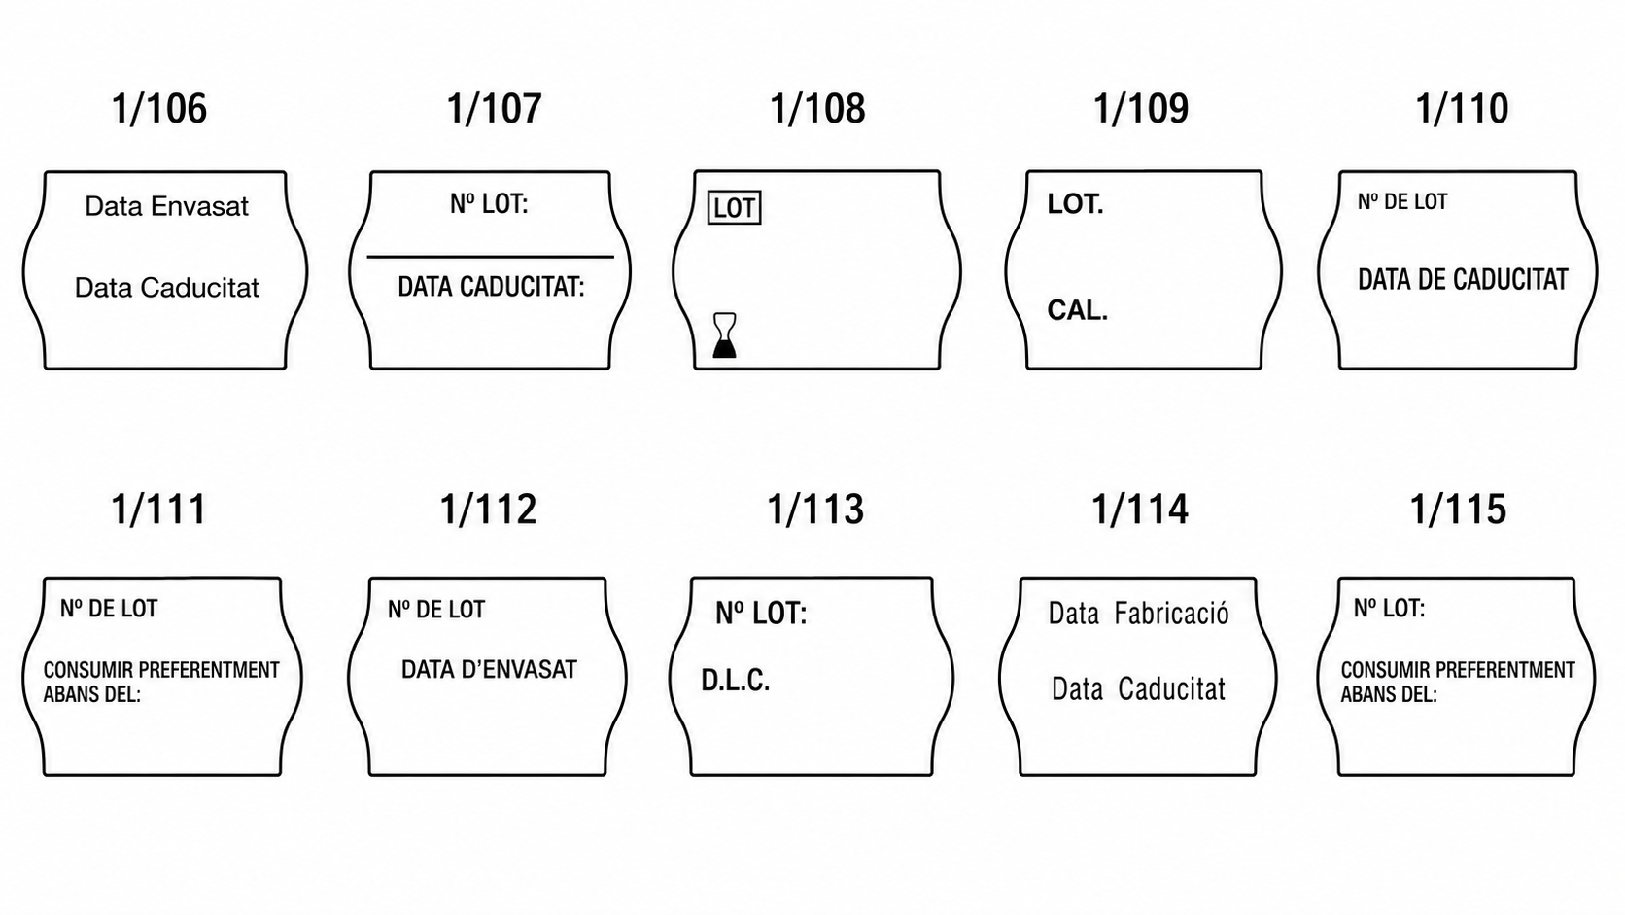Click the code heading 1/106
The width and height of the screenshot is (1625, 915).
(x=158, y=108)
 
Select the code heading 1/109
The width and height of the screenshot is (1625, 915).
(x=1141, y=108)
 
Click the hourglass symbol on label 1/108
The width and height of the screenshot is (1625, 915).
(x=725, y=335)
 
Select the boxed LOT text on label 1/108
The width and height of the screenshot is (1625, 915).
(x=734, y=208)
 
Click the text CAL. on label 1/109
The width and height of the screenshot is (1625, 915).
(x=1077, y=310)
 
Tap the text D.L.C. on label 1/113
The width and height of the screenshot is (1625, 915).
(x=735, y=681)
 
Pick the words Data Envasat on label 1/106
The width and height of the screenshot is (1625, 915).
(x=166, y=206)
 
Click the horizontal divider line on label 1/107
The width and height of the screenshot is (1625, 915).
(x=491, y=257)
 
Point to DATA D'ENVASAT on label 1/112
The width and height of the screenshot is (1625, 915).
(x=489, y=669)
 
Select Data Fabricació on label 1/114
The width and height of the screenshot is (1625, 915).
(x=1139, y=614)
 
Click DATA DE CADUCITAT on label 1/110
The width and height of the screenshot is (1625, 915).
(x=1463, y=279)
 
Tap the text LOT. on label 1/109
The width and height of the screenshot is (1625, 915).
(x=1075, y=204)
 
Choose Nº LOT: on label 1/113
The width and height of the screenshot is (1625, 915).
(x=761, y=614)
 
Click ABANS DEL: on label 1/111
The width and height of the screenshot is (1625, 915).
(x=91, y=694)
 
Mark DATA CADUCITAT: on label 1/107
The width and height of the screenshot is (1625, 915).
(x=491, y=287)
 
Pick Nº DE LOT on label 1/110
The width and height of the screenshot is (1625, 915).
(x=1402, y=201)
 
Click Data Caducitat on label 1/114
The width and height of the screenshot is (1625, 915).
(x=1138, y=689)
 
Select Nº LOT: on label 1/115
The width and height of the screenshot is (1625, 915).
(x=1389, y=608)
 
